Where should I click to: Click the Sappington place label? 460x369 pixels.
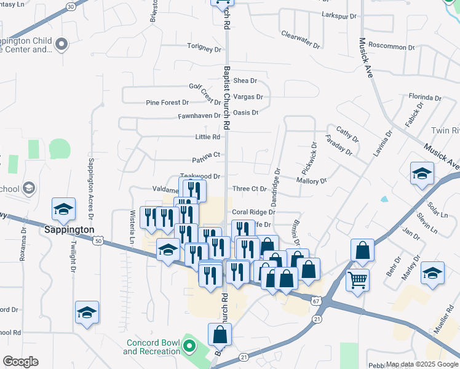pos(69,229)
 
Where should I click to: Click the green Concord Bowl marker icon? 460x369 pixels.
pos(189,347)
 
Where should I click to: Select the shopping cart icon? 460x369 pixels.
pos(357,280)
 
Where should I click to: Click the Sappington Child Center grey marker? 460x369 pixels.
pos(61,44)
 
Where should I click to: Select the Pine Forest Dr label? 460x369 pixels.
pos(167,103)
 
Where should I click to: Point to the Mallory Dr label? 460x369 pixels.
pos(311,181)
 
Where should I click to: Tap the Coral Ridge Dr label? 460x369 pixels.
pos(253,212)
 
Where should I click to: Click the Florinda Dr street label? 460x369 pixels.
pos(426,97)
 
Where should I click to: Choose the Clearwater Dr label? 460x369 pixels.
pos(301,40)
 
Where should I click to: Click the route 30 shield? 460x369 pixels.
pos(71,6)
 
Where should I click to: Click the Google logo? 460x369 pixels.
pos(20,362)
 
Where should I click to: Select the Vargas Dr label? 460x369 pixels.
pos(248,97)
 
